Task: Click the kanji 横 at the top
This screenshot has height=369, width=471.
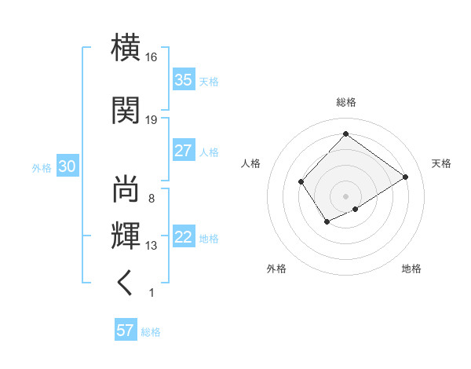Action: tap(126, 48)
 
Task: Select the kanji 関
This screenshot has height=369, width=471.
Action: tap(126, 110)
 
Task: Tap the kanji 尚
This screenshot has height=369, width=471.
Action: tap(126, 189)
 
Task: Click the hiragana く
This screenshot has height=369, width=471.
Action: tap(126, 283)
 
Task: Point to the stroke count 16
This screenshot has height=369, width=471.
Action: tap(152, 58)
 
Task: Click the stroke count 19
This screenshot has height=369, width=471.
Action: tap(152, 120)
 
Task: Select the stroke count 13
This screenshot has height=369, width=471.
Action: tap(152, 247)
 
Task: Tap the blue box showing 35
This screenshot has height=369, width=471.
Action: tap(184, 80)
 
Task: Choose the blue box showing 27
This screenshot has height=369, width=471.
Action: tap(184, 151)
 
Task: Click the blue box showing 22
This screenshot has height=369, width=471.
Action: tap(184, 238)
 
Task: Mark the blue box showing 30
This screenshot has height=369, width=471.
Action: tap(67, 167)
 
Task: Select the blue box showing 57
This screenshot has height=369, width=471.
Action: tap(126, 331)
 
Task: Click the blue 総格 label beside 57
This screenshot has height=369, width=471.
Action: tap(151, 332)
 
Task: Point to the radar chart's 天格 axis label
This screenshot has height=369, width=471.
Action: tap(441, 163)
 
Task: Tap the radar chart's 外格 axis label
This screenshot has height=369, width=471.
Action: tap(276, 269)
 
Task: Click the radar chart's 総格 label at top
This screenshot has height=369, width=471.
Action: tap(345, 102)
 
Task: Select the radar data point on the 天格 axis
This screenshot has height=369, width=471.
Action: tap(406, 177)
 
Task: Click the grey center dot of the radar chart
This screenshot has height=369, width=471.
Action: tap(345, 195)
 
